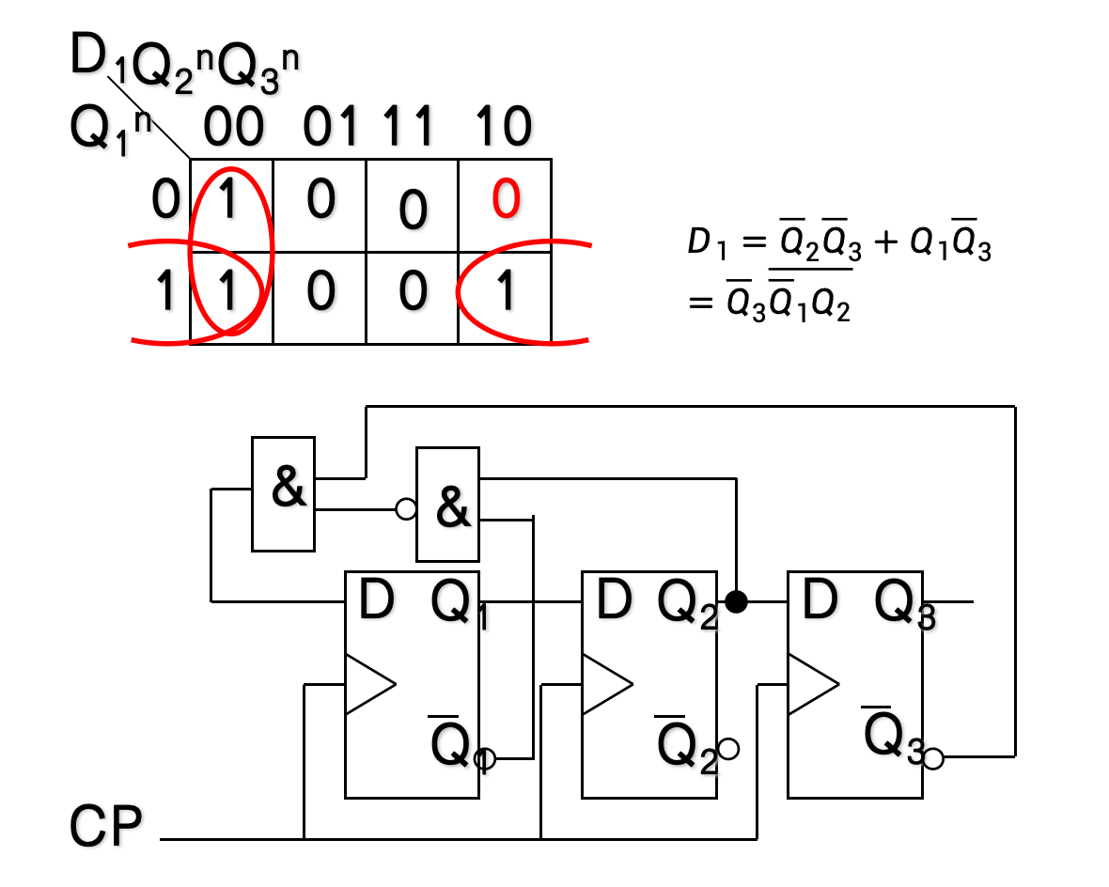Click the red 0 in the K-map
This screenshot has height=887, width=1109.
506,200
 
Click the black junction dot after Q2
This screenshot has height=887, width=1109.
737,601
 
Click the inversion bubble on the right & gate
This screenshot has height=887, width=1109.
406,509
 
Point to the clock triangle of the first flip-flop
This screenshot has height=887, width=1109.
369,684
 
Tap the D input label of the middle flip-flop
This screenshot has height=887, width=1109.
612,601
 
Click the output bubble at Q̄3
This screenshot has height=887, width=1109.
933,758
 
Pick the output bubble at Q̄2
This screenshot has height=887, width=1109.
728,749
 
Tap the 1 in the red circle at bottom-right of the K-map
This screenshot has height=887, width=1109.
506,292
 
